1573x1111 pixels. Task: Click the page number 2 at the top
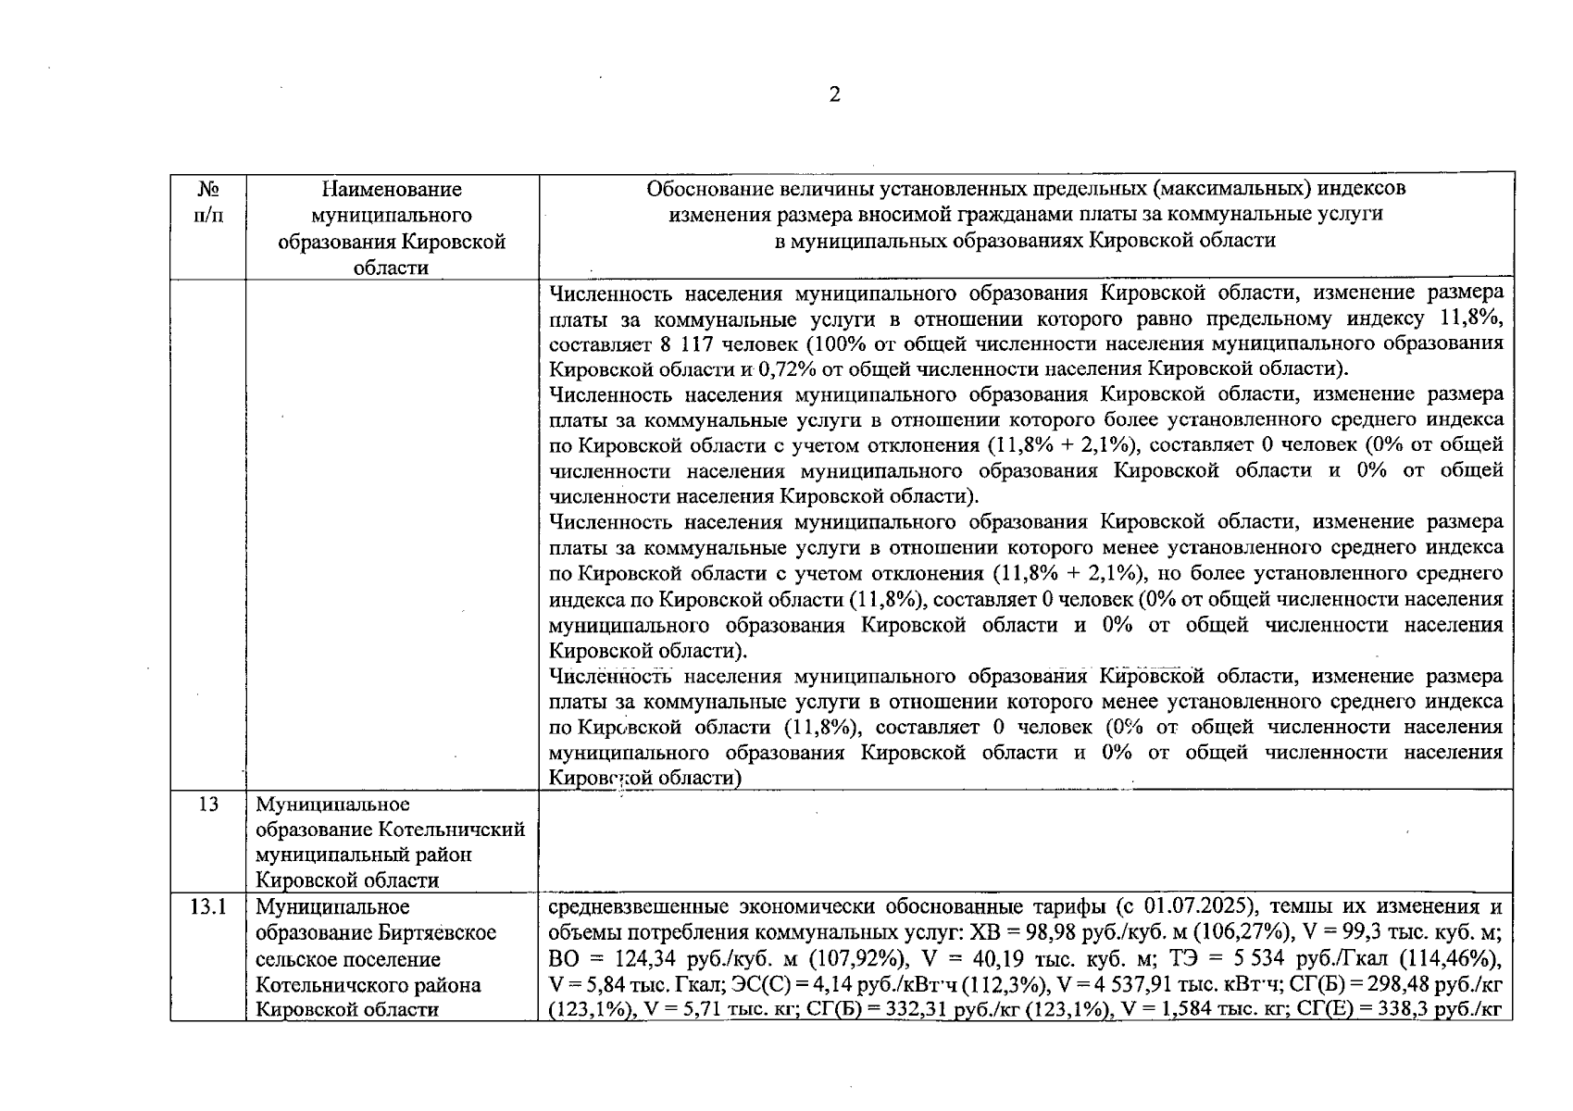pos(834,94)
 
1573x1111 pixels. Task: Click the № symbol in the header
pos(208,190)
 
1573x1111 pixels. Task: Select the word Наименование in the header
pos(392,190)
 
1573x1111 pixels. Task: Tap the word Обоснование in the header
pos(712,189)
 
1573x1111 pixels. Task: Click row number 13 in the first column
pos(208,805)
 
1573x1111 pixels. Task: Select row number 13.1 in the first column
pos(208,906)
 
